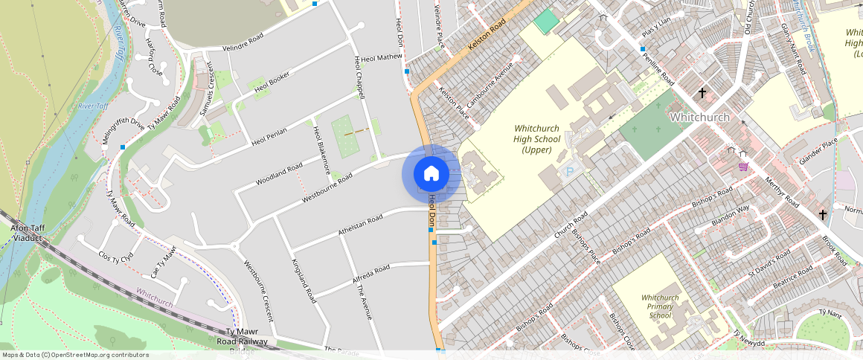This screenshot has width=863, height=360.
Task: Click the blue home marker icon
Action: click(x=431, y=174)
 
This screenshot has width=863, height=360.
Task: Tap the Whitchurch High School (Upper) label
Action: click(x=537, y=139)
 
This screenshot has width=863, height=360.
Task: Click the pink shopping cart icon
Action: click(x=743, y=167)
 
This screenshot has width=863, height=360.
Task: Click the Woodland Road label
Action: click(x=279, y=173)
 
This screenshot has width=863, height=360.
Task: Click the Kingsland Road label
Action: click(x=304, y=281)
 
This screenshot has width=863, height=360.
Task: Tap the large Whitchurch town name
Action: click(x=699, y=118)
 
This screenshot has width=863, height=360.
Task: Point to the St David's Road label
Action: click(x=769, y=265)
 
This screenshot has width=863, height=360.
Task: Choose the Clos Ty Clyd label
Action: click(x=115, y=257)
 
